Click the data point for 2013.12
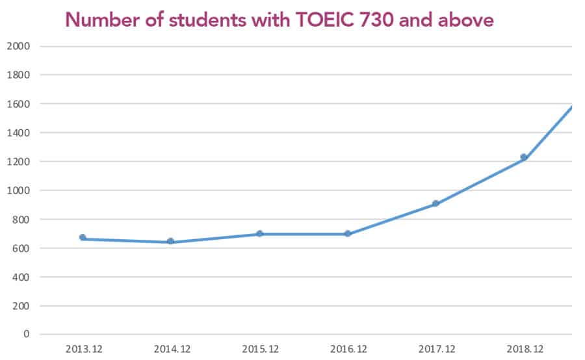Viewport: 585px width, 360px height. point(83,238)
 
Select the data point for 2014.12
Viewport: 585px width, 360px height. point(170,242)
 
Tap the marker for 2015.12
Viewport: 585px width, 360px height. point(259,234)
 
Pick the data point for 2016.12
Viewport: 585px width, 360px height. point(348,234)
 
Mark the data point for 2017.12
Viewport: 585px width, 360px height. point(436,204)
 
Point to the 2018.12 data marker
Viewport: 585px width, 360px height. point(523,157)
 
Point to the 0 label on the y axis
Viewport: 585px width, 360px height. point(27,334)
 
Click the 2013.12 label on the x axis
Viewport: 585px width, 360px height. point(84,349)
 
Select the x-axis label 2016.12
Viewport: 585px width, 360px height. point(348,349)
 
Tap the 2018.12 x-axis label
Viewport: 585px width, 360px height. point(525,349)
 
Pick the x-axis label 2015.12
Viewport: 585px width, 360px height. point(260,349)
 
